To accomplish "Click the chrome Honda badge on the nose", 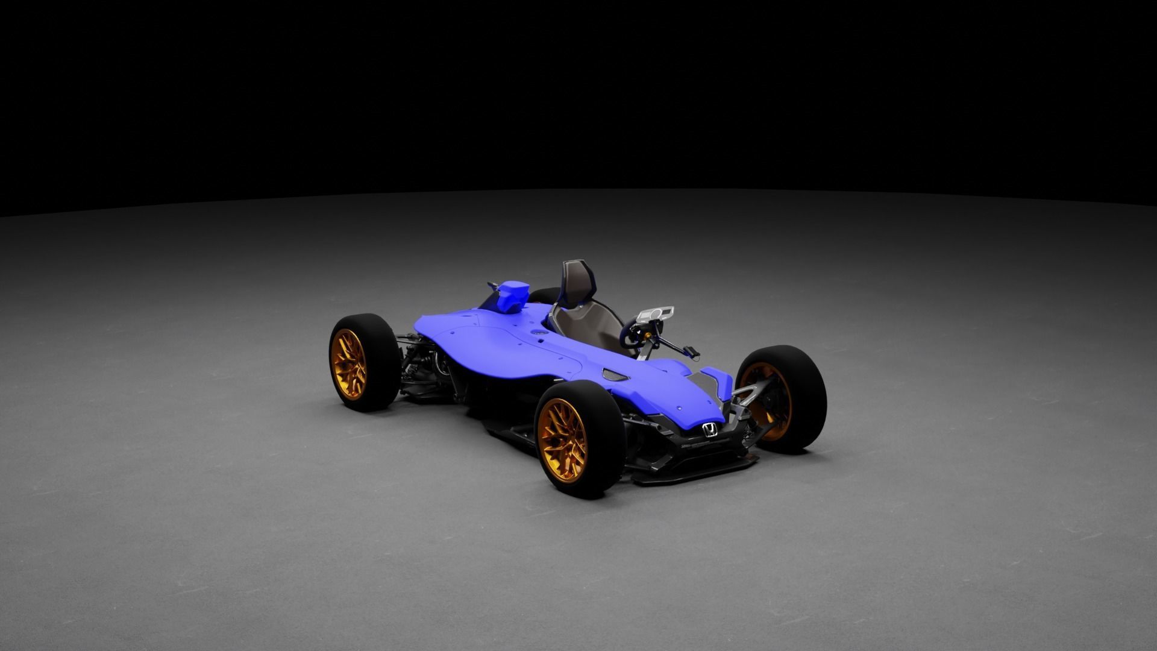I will (x=710, y=430).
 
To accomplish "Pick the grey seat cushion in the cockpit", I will (x=588, y=325).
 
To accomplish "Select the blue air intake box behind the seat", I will (x=511, y=295).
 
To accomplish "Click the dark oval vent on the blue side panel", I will (x=615, y=374).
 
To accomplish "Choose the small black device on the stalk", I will (x=691, y=351).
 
